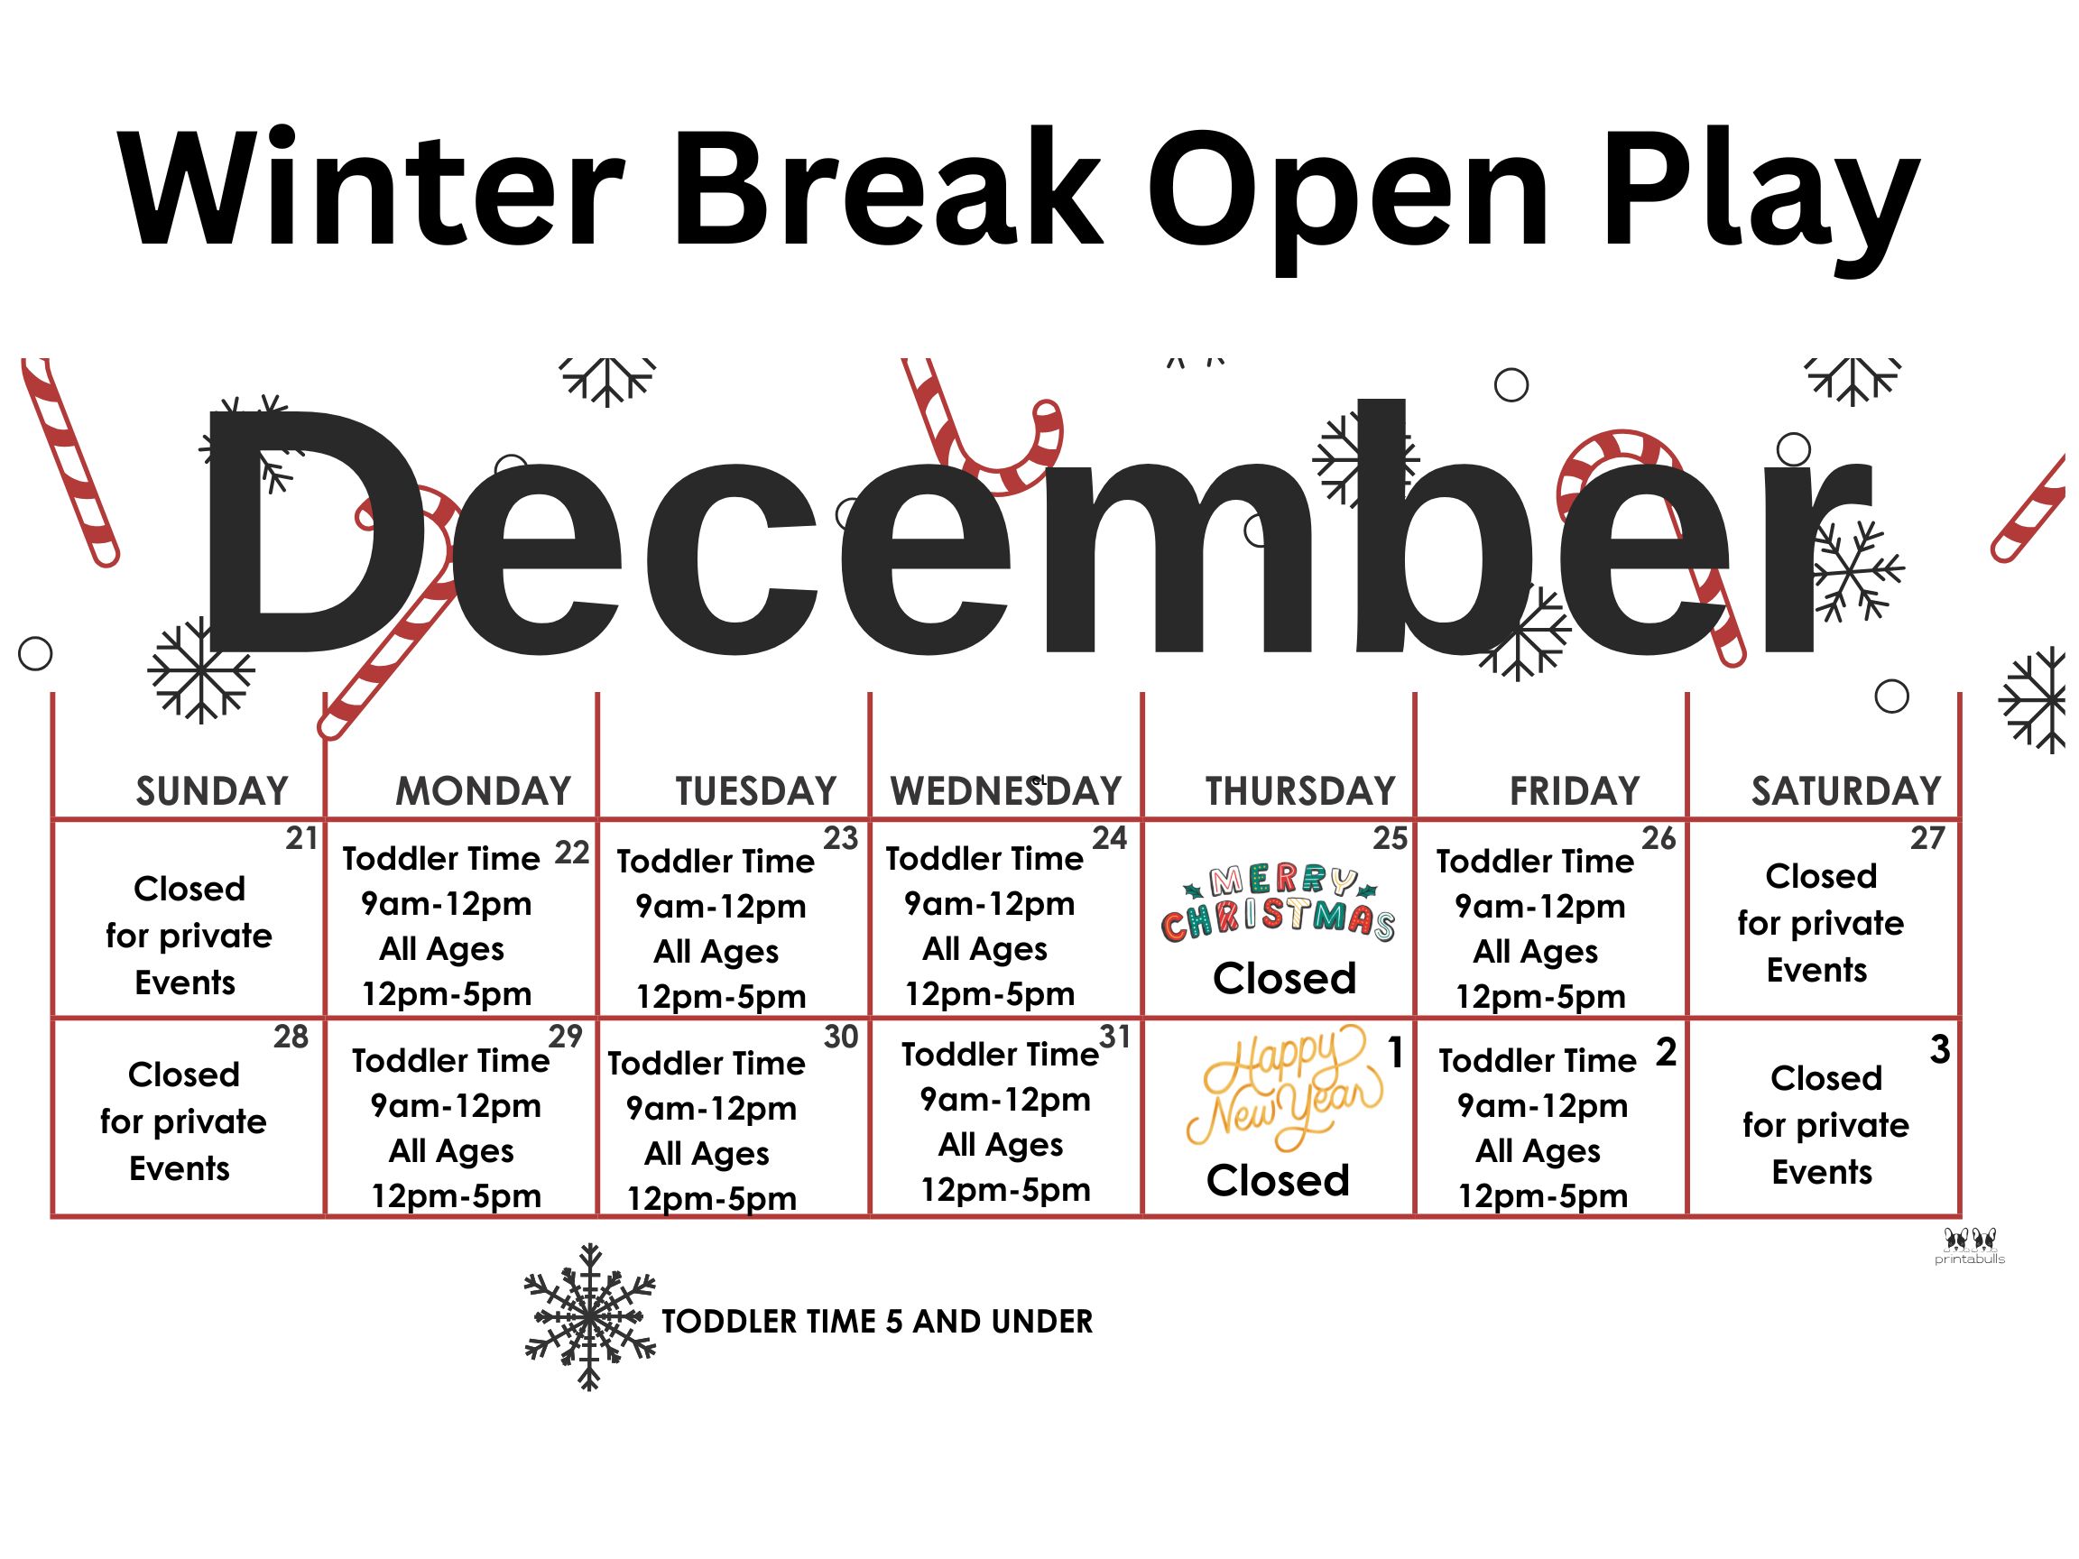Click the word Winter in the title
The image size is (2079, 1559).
pyautogui.click(x=371, y=189)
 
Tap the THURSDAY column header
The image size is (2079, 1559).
pyautogui.click(x=1301, y=791)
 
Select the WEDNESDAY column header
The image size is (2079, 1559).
pyautogui.click(x=1006, y=791)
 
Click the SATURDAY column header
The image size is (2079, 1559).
pyautogui.click(x=1846, y=791)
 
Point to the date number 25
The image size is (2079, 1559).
pyautogui.click(x=1391, y=838)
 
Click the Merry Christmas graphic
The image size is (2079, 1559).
pyautogui.click(x=1279, y=903)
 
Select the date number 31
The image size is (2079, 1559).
pyautogui.click(x=1114, y=1037)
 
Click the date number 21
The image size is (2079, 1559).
pyautogui.click(x=301, y=838)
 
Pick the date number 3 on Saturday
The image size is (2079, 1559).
pyautogui.click(x=1940, y=1049)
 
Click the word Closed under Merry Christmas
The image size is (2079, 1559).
pyautogui.click(x=1285, y=978)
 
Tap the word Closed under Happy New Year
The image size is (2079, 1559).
pyautogui.click(x=1279, y=1180)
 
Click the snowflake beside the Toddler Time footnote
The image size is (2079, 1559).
pyautogui.click(x=589, y=1316)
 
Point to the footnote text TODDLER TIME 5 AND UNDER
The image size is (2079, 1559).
pyautogui.click(x=877, y=1321)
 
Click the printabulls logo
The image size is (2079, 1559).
pyautogui.click(x=1970, y=1246)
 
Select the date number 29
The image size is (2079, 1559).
pyautogui.click(x=566, y=1037)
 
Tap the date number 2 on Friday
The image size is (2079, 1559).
pyautogui.click(x=1667, y=1053)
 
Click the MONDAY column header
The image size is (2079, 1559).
pyautogui.click(x=483, y=791)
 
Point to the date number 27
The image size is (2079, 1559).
pyautogui.click(x=1927, y=838)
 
